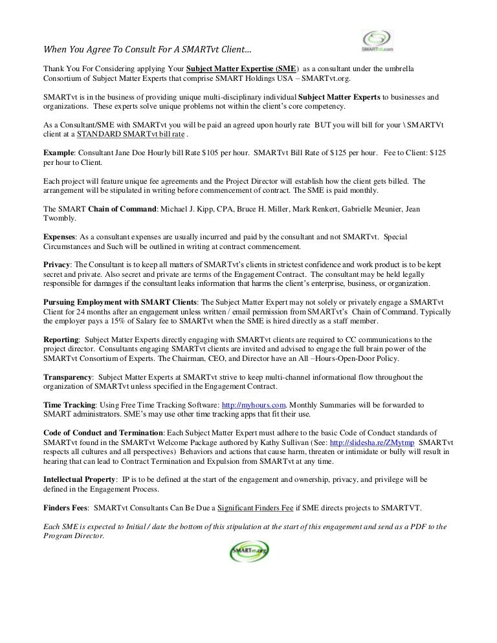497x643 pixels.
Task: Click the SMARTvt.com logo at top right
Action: [377, 41]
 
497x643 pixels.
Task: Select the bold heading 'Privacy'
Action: [57, 265]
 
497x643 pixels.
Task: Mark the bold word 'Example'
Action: [58, 152]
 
